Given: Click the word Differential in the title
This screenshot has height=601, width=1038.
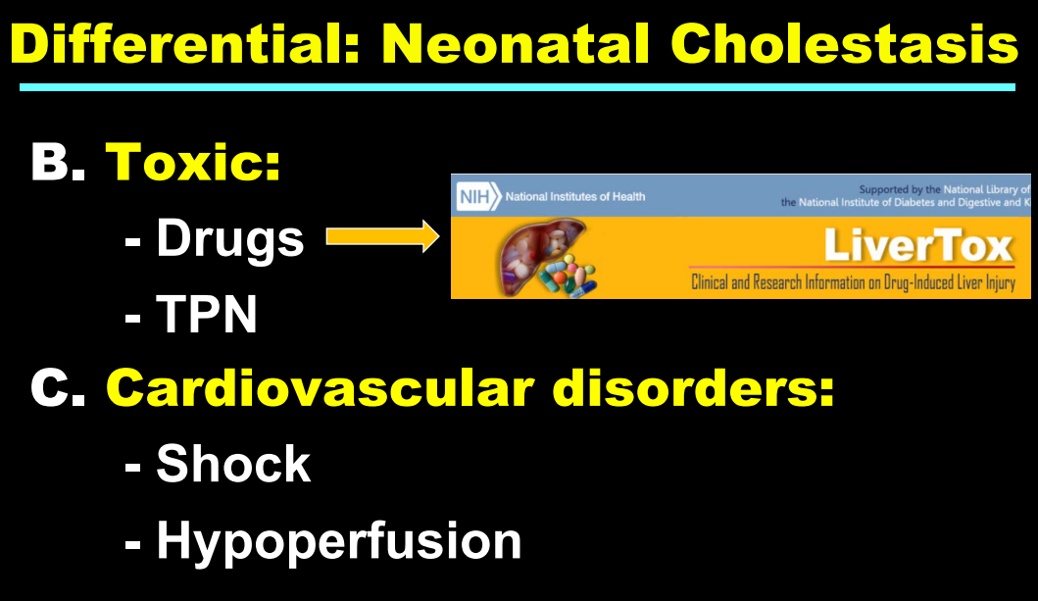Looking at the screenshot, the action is tap(184, 44).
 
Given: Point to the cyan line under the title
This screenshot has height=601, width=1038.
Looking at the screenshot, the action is tap(517, 87).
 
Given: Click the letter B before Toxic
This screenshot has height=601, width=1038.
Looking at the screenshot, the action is tap(58, 162).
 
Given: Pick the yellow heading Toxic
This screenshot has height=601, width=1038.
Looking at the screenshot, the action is tap(193, 162).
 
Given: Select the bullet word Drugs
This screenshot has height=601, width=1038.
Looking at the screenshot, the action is tap(229, 239).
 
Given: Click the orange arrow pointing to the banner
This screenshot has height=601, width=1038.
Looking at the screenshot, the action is tap(382, 237).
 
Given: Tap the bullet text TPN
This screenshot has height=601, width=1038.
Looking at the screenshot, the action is tap(207, 314).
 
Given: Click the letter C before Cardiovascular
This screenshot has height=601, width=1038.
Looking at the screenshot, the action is tap(58, 387).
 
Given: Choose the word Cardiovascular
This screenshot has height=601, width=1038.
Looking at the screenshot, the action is tap(320, 387).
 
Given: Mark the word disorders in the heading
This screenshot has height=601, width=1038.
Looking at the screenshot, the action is tap(694, 387).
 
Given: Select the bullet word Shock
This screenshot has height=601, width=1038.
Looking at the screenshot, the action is tap(233, 464).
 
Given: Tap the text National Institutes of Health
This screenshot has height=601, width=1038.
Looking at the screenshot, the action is tap(574, 197).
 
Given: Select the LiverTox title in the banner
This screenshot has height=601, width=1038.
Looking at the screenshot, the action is tap(918, 246).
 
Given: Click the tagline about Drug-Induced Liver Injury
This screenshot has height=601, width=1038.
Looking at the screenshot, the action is tap(853, 282).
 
